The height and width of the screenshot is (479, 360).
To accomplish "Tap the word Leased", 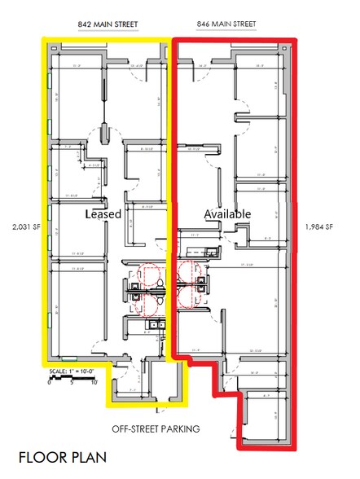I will click(x=103, y=215).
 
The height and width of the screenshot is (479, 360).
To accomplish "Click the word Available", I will click(x=227, y=213).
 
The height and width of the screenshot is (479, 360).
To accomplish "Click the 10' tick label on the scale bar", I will click(x=94, y=383).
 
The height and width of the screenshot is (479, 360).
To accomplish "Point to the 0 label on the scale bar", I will click(x=49, y=383).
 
